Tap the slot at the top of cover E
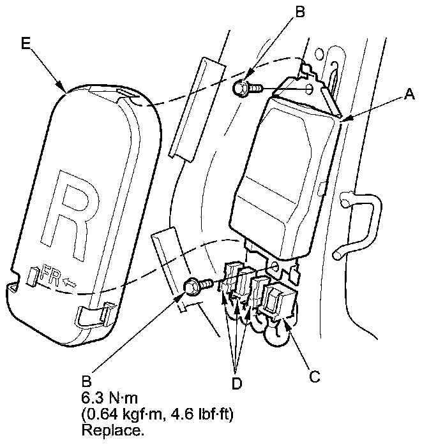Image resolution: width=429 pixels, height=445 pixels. tap(126, 98)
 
